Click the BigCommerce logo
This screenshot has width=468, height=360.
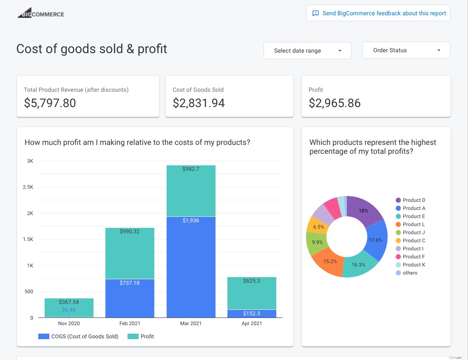tap(41, 13)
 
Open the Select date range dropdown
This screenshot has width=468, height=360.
tap(307, 51)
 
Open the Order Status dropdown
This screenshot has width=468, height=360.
tap(406, 50)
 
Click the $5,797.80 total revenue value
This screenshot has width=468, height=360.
tap(50, 103)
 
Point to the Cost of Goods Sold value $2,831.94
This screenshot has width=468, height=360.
tap(199, 103)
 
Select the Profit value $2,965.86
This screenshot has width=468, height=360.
tap(335, 103)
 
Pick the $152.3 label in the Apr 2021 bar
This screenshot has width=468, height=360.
tap(252, 314)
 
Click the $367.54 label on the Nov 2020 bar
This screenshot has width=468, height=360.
tap(69, 302)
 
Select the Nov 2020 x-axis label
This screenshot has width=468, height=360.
tap(69, 324)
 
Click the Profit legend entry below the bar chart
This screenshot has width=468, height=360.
tap(147, 337)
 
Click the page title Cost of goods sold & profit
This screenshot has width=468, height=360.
tap(92, 49)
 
